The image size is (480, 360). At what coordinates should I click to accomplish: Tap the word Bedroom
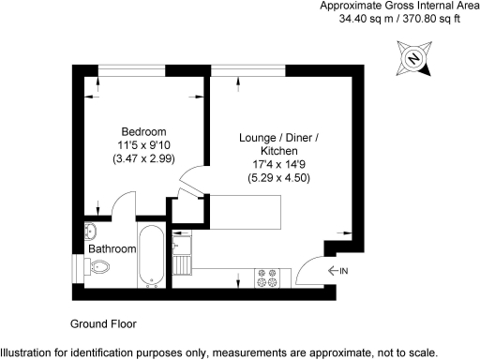pos(143,130)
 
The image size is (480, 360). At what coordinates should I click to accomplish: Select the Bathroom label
pos(112,249)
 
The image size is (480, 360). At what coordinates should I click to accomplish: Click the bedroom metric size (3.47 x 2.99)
pos(143,160)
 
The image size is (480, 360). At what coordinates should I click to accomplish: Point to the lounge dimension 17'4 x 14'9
pos(278,164)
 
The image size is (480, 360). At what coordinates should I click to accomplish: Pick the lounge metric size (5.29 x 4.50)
pos(278,178)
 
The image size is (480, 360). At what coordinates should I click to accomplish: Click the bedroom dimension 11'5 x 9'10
pos(143,145)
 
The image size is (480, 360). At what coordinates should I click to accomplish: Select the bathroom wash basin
pos(91,230)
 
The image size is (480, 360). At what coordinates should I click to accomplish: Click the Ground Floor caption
pos(103,323)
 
